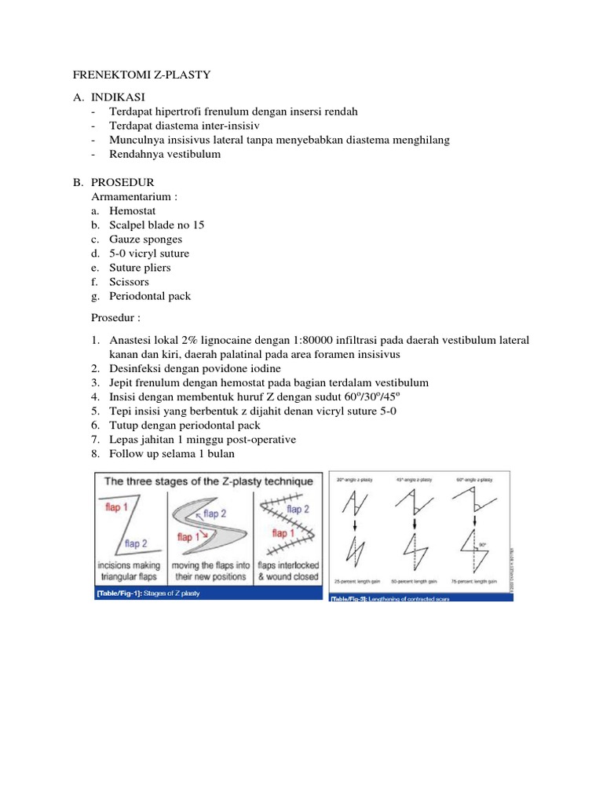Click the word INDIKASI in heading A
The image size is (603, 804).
click(119, 97)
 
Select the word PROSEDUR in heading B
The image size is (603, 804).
click(122, 183)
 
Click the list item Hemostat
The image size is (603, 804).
click(132, 211)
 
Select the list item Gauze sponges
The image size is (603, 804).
click(145, 239)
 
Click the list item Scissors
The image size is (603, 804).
click(129, 282)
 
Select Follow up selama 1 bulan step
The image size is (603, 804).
click(171, 454)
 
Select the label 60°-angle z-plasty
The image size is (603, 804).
click(476, 478)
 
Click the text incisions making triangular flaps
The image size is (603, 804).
click(129, 571)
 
